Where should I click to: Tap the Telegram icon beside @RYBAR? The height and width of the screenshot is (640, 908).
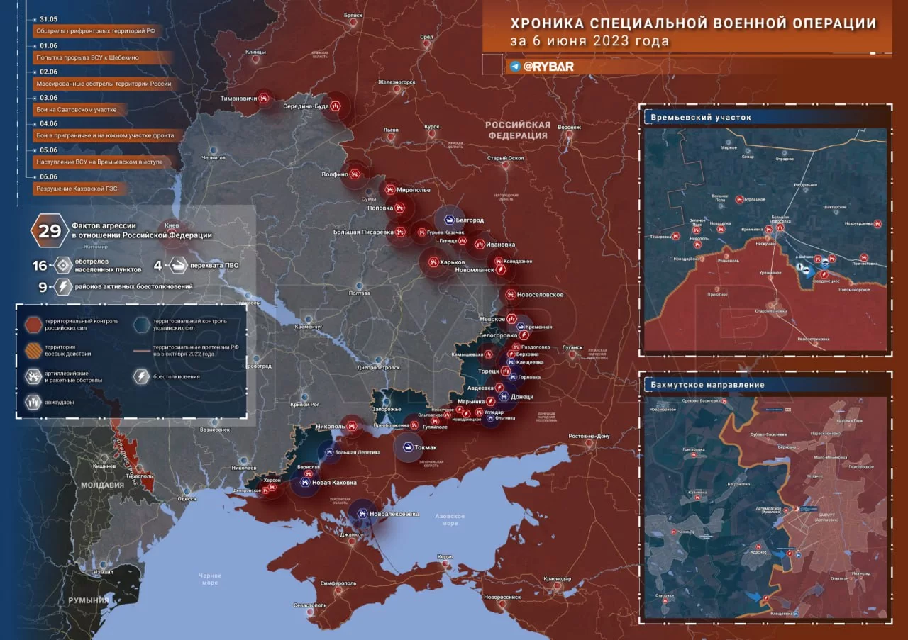tap(515, 66)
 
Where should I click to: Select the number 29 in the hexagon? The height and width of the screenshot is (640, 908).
tap(50, 231)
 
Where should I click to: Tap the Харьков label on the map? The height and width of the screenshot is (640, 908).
tap(451, 262)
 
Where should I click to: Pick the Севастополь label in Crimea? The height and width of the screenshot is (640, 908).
tap(309, 605)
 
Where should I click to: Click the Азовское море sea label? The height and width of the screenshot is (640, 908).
tap(450, 519)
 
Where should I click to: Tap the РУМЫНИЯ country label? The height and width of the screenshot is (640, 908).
tap(89, 600)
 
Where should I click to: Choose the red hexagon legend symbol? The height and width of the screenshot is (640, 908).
tap(34, 325)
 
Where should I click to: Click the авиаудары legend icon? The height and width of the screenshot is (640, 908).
tap(34, 401)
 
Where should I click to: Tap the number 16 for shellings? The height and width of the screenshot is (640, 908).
tap(40, 266)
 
